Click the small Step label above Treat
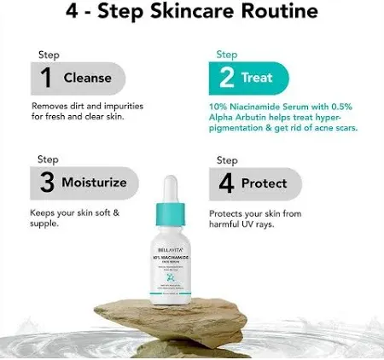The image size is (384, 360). (x=226, y=53)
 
